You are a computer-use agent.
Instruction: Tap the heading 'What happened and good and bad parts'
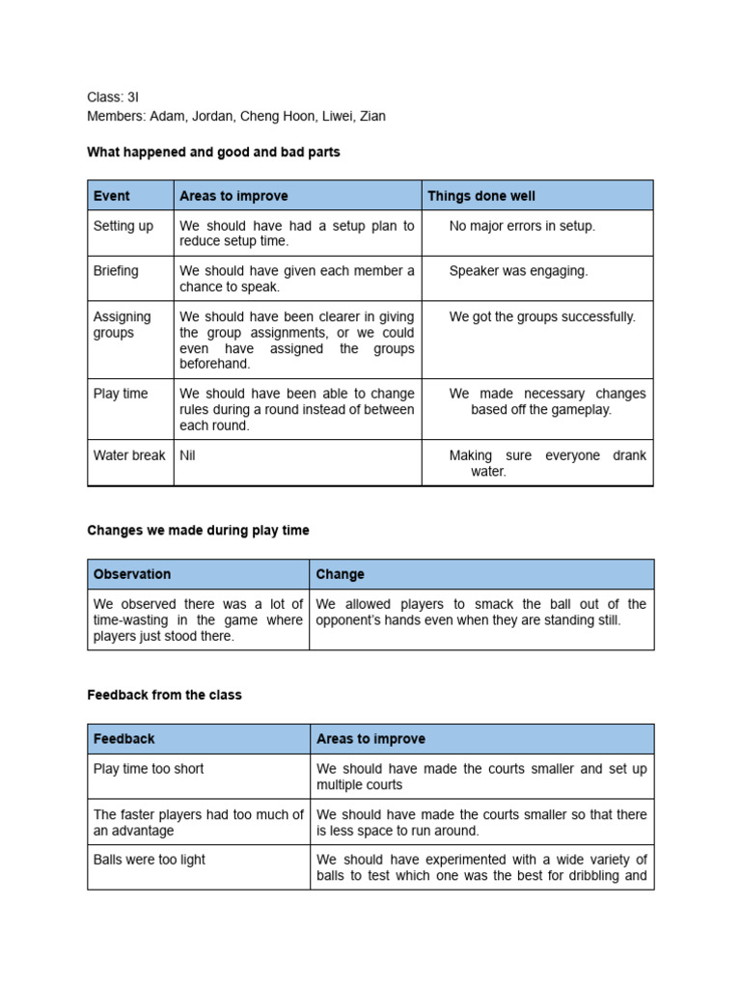click(x=213, y=152)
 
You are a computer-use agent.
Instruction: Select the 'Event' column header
click(x=111, y=196)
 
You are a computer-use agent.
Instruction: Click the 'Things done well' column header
click(x=481, y=196)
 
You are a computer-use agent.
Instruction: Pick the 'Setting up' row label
click(x=123, y=226)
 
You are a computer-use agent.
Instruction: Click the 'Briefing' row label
click(x=116, y=271)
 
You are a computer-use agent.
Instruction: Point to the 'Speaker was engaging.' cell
click(x=518, y=271)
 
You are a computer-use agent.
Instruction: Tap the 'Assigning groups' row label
click(x=122, y=324)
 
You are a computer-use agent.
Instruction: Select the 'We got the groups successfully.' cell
click(x=542, y=316)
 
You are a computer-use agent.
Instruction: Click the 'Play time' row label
click(x=120, y=394)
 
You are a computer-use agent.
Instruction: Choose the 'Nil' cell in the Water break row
click(x=187, y=455)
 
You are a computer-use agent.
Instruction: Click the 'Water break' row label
click(x=129, y=455)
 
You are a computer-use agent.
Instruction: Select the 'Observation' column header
click(x=132, y=574)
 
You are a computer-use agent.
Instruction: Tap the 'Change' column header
click(x=341, y=574)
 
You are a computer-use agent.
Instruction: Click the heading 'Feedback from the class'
click(x=164, y=695)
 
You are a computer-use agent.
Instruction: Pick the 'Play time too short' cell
click(x=149, y=769)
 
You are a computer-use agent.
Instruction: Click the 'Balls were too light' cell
click(x=150, y=860)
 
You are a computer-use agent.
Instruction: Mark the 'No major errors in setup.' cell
click(x=522, y=226)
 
